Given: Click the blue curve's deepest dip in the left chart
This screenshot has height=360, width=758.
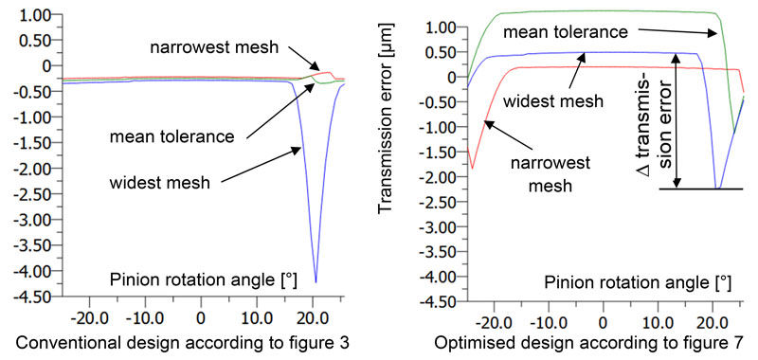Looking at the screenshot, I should coord(316,280).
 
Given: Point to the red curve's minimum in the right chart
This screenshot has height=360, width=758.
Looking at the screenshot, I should coord(472,168).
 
